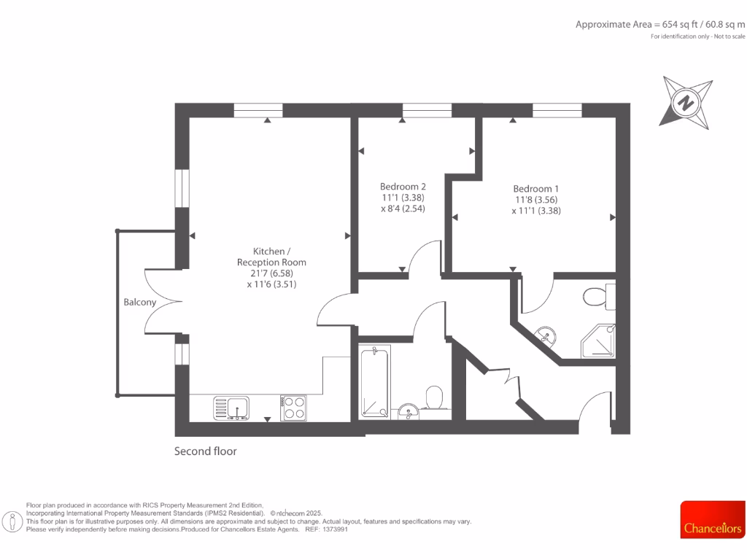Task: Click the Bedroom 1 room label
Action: pyautogui.click(x=536, y=187)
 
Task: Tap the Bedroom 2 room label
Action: pyautogui.click(x=403, y=186)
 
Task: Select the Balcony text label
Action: pyautogui.click(x=139, y=302)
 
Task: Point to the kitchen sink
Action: pyautogui.click(x=231, y=408)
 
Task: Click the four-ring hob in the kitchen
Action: pyautogui.click(x=293, y=408)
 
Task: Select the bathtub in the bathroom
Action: pyautogui.click(x=375, y=382)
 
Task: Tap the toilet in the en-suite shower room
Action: pyautogui.click(x=597, y=297)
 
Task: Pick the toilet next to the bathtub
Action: pyautogui.click(x=434, y=398)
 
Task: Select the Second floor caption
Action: pyautogui.click(x=206, y=451)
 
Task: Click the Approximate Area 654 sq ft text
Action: pyautogui.click(x=660, y=24)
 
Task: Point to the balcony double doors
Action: pyautogui.click(x=159, y=301)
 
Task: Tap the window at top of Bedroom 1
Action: pyautogui.click(x=557, y=110)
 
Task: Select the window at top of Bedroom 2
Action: pyautogui.click(x=427, y=110)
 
